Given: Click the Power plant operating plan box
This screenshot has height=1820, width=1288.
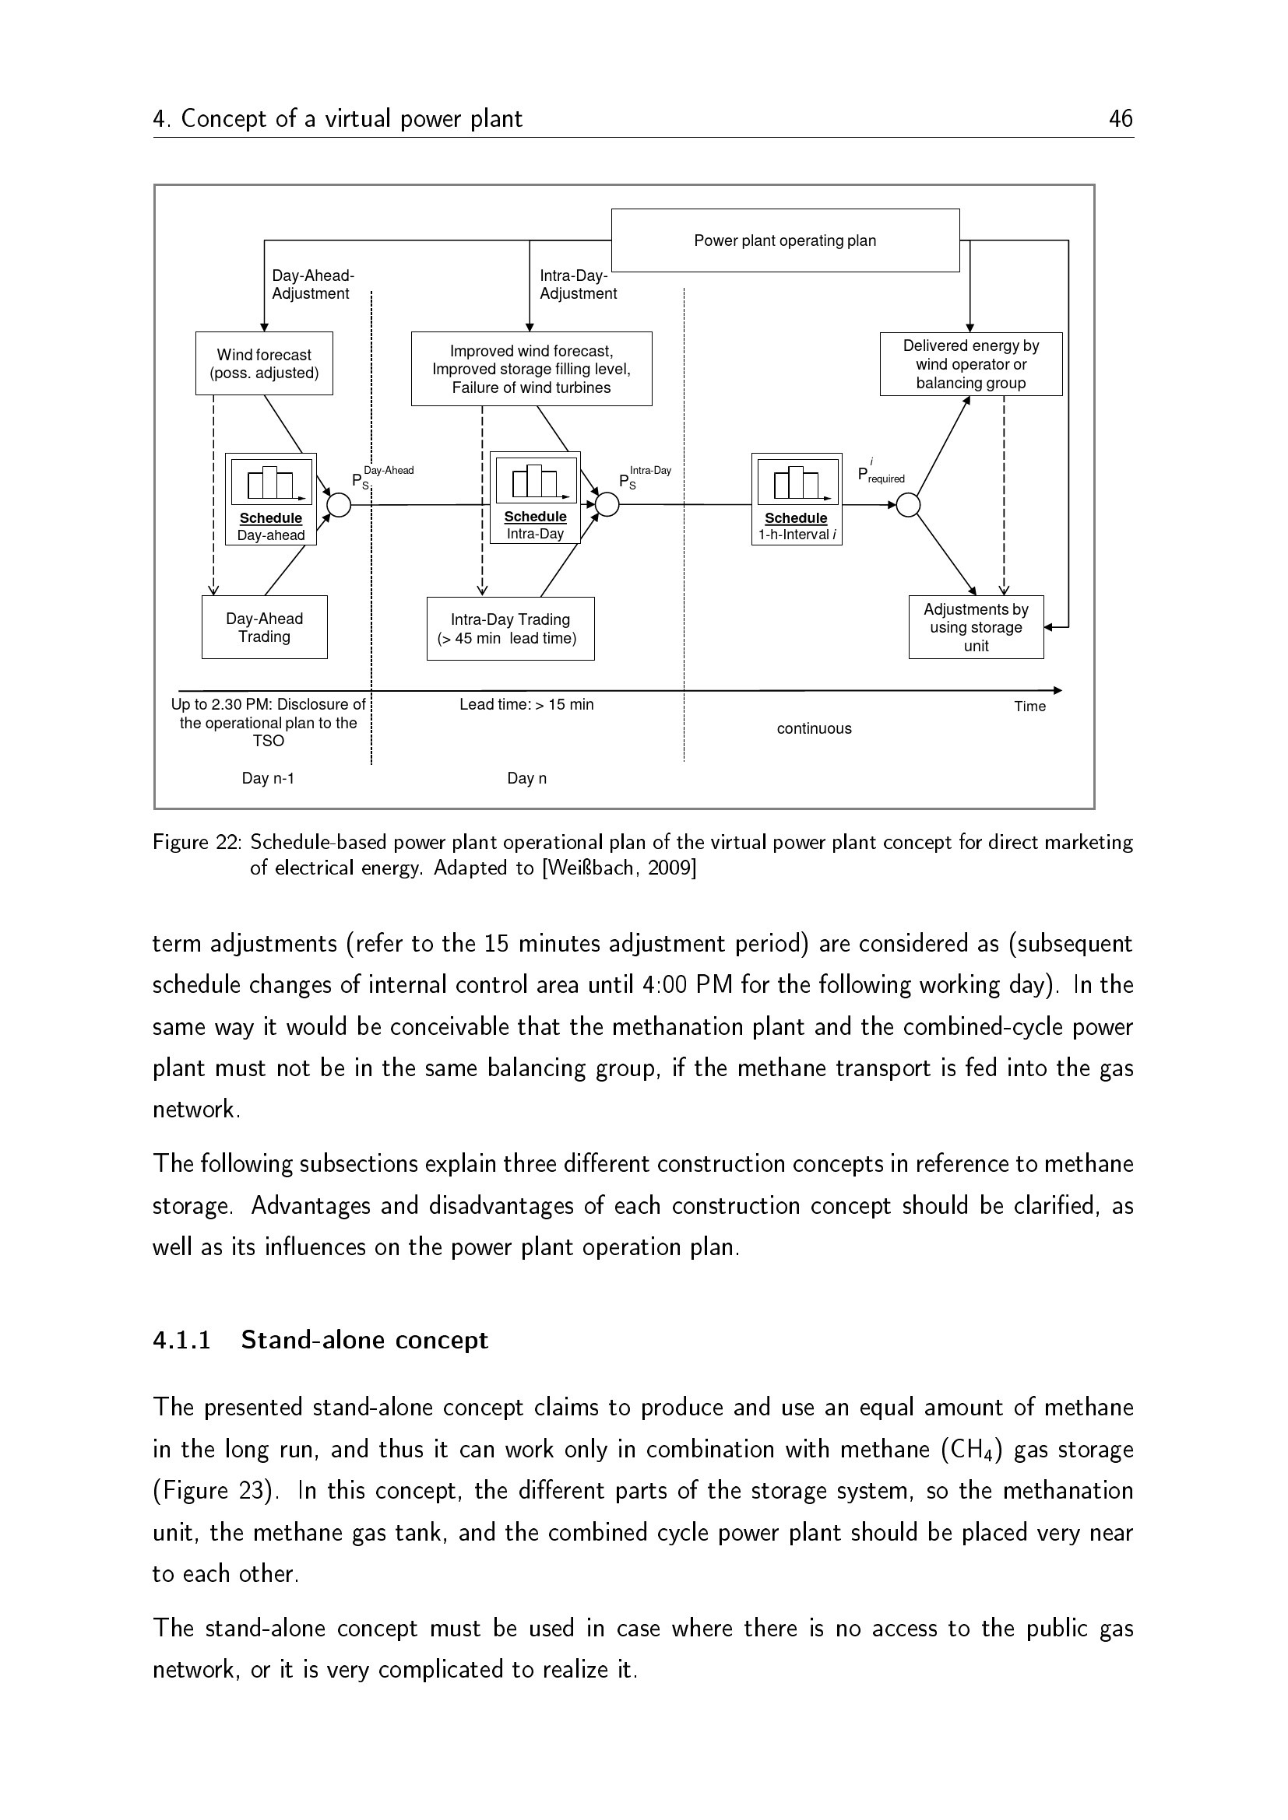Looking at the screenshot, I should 784,240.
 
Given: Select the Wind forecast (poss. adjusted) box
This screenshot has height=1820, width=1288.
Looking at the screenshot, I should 264,364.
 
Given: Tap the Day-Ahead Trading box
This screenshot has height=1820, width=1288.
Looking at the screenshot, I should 264,627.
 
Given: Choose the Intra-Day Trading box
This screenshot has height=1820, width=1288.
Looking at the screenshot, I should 510,629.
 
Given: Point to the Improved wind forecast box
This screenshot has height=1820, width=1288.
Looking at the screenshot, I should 531,369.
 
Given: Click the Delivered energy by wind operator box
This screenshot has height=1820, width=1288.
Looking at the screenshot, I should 971,364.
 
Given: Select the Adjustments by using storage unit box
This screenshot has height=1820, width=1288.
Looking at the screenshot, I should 976,627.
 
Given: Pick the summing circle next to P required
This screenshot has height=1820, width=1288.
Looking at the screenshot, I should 907,504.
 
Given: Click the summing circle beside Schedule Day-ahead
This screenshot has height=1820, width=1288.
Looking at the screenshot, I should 339,504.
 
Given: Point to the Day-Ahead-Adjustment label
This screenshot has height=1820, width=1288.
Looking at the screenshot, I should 312,285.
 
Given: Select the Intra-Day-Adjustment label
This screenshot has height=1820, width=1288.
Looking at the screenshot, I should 577,285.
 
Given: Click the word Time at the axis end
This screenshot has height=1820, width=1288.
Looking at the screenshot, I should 1029,707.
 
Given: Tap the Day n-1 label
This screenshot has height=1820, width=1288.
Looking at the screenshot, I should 268,778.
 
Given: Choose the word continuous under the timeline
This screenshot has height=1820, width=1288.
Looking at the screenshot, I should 814,728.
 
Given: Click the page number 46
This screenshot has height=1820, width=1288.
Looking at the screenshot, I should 1121,119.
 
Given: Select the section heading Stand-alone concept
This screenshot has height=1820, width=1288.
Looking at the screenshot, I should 364,1340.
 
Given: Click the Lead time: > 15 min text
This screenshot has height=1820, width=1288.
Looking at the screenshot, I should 526,705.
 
